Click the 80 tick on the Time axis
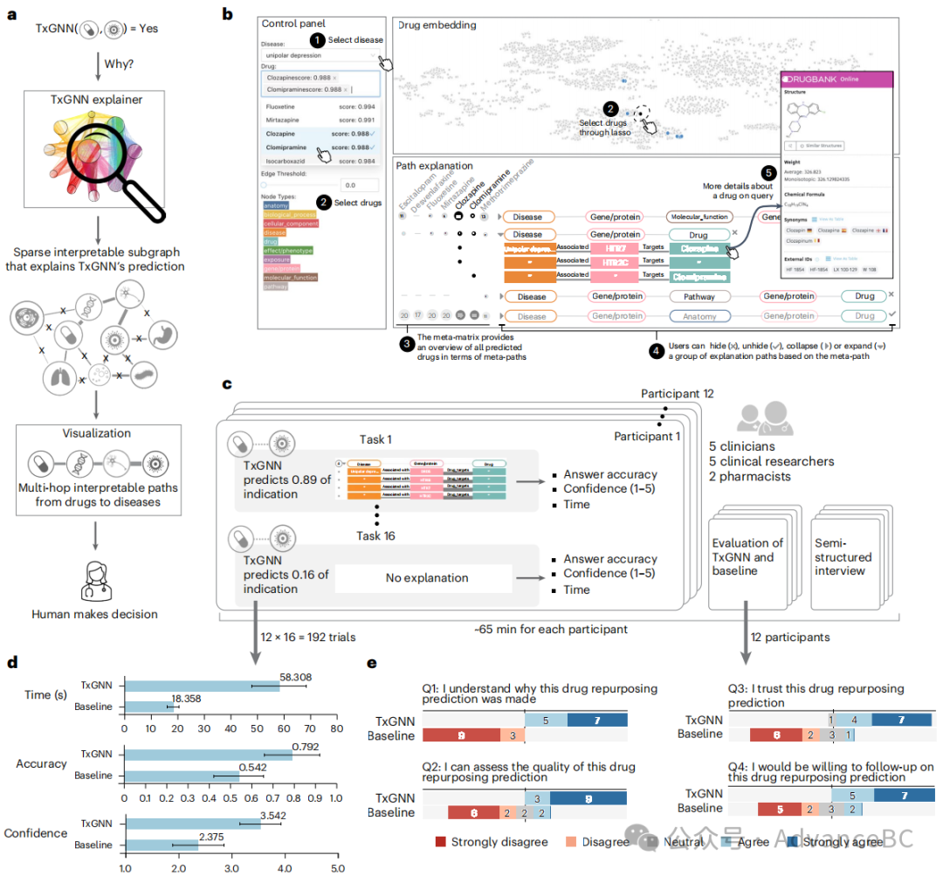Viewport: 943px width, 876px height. coord(337,727)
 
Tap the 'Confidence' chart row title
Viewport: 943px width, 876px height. coord(36,833)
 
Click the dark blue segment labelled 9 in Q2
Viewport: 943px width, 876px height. coord(589,797)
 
